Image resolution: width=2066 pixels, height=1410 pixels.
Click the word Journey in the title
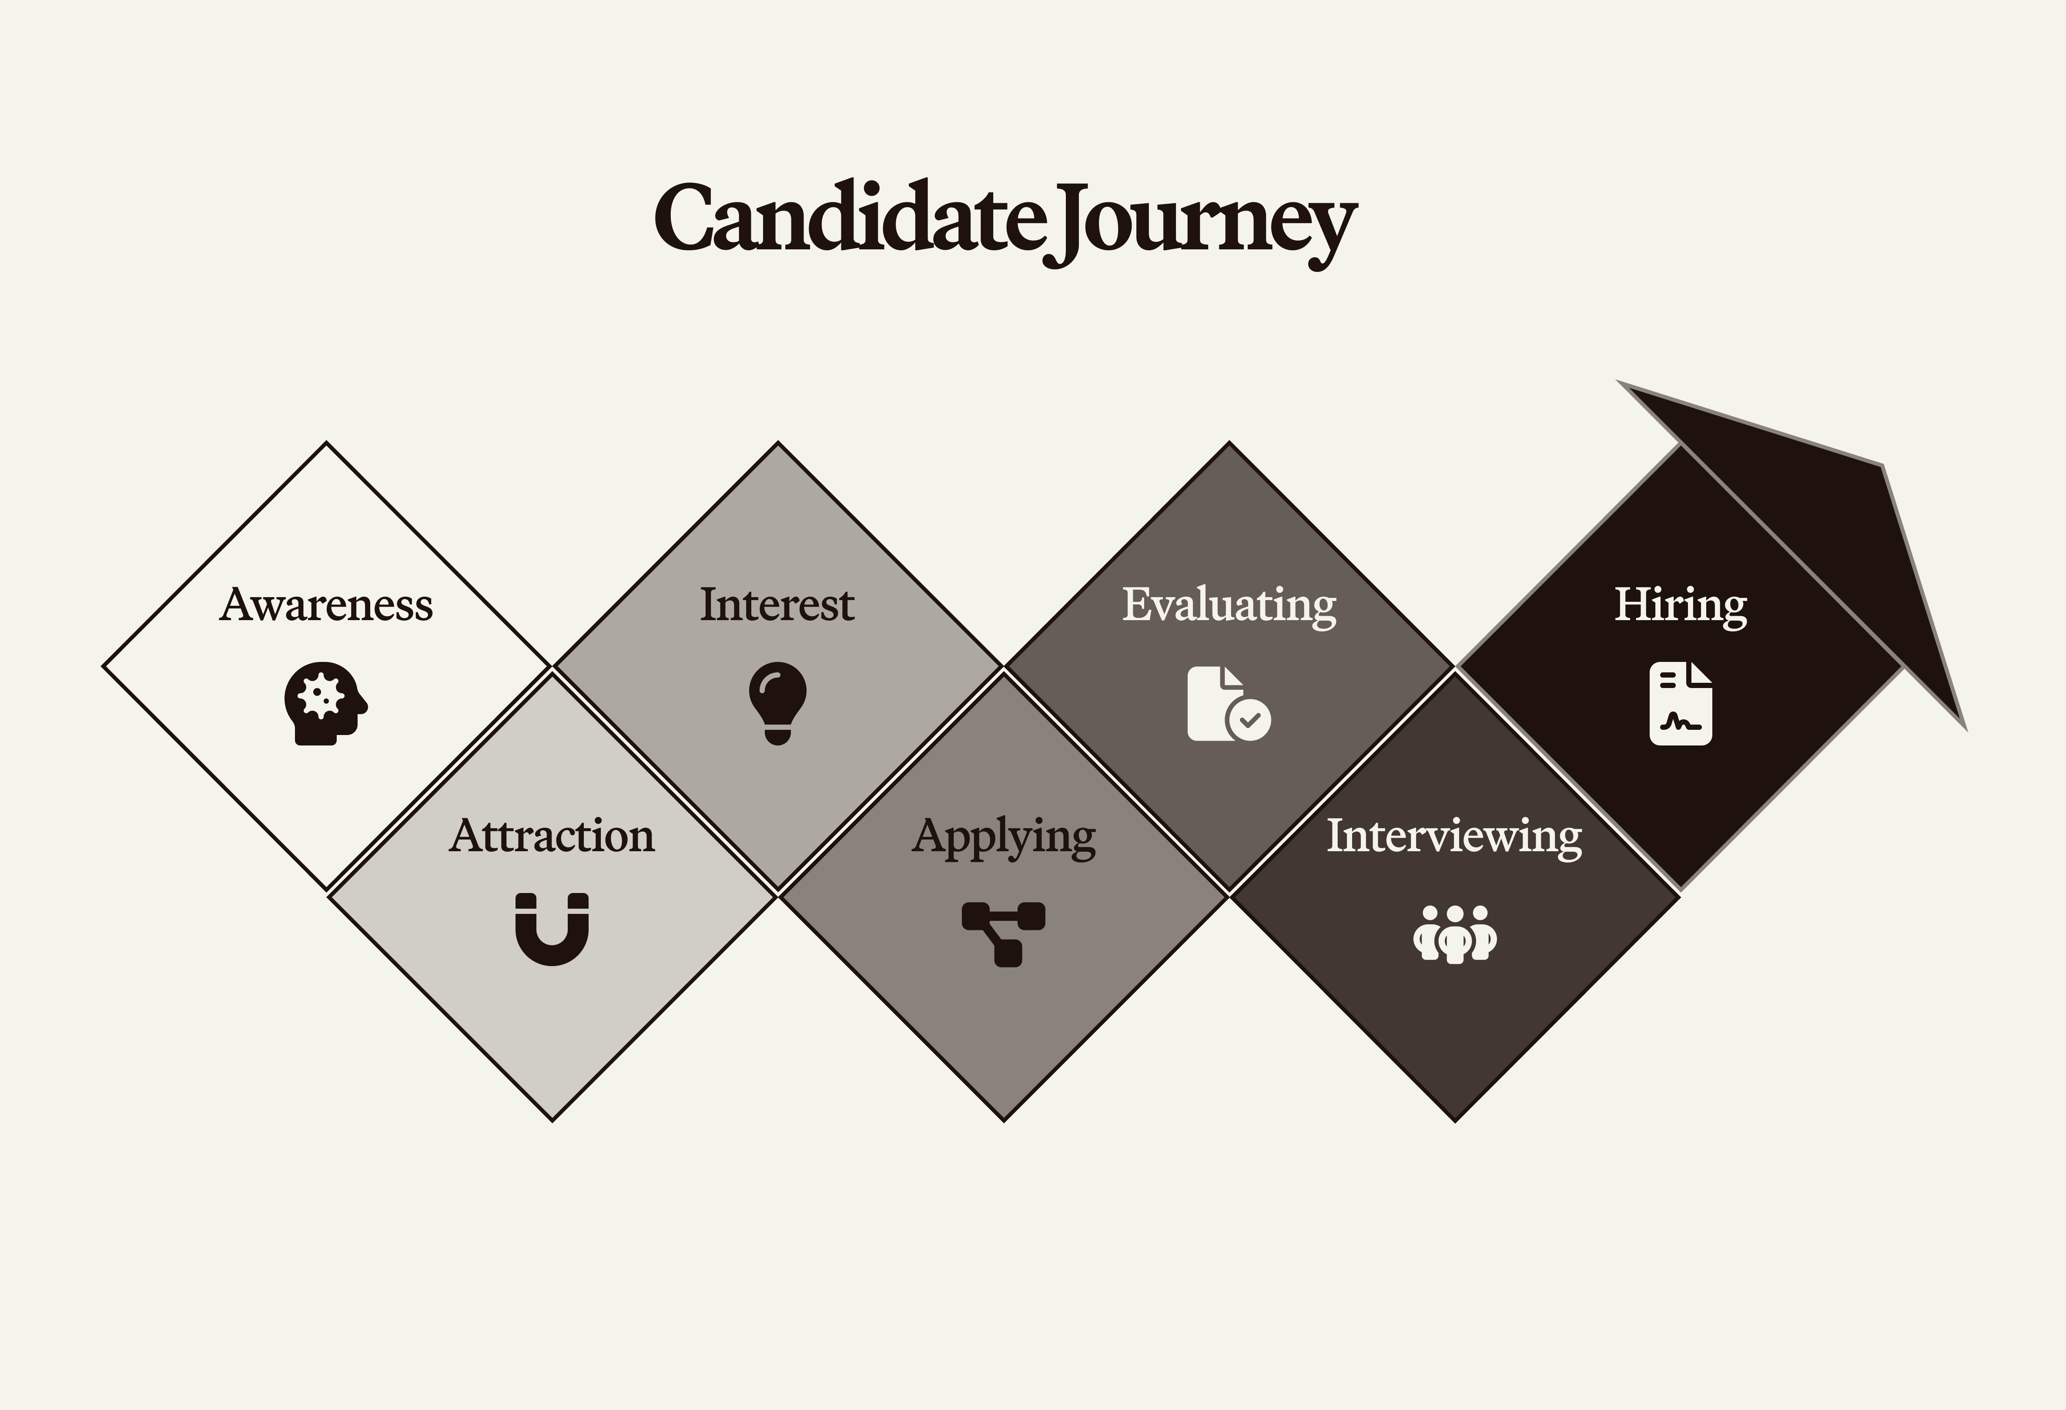(x=1200, y=222)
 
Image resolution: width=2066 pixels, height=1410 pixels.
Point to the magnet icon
(x=552, y=929)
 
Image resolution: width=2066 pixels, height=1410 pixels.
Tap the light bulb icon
(x=777, y=702)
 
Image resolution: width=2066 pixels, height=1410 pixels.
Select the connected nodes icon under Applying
(x=1004, y=933)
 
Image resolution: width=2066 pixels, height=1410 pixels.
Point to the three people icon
(x=1454, y=933)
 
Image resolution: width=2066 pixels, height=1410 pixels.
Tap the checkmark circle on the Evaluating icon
(x=1249, y=718)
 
